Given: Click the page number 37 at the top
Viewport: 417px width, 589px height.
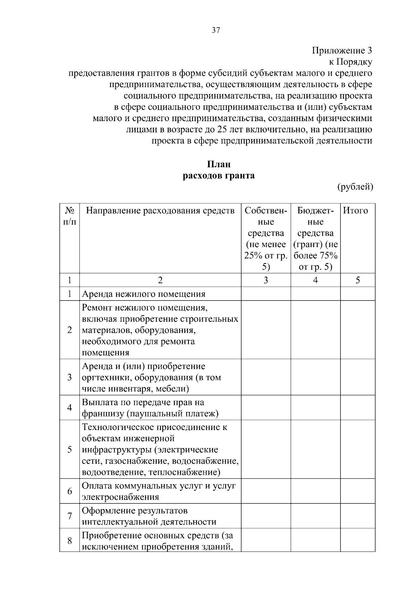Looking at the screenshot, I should tap(216, 31).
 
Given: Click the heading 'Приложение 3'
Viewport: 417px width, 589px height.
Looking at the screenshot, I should tap(342, 51).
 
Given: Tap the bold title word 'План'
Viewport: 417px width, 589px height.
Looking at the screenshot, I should tap(219, 164).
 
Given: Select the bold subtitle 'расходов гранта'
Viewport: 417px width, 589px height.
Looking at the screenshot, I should tap(219, 176).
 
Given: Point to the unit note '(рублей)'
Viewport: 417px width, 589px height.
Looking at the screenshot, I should tap(355, 187).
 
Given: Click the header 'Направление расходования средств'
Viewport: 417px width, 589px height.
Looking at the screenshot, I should tap(160, 211).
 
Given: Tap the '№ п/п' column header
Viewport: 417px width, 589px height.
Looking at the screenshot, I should tap(69, 216).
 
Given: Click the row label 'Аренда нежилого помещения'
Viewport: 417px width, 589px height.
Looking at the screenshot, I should tap(144, 294).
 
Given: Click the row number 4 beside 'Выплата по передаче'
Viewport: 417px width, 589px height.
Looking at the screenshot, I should tap(69, 408).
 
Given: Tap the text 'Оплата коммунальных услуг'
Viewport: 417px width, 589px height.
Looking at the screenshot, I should tap(142, 486).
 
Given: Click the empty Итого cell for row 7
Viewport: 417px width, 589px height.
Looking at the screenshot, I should tap(357, 516).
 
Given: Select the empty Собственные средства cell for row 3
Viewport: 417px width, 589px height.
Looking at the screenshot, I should tap(266, 377).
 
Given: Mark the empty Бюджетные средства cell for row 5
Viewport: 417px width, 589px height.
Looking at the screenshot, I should tap(316, 449).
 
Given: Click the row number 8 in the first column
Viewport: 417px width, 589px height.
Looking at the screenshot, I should tap(69, 541).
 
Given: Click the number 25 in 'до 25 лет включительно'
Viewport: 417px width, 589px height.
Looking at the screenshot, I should tap(222, 130).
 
